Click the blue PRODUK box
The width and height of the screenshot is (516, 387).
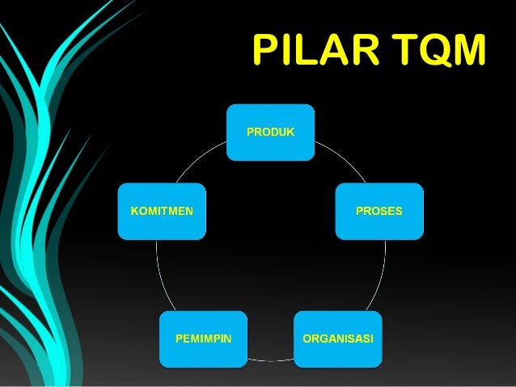270,132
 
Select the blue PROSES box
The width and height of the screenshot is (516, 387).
379,212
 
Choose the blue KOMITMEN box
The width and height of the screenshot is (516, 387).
162,212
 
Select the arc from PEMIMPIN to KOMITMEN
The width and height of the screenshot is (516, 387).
158,275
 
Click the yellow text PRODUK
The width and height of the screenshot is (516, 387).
270,131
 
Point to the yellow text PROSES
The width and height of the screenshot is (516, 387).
379,212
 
